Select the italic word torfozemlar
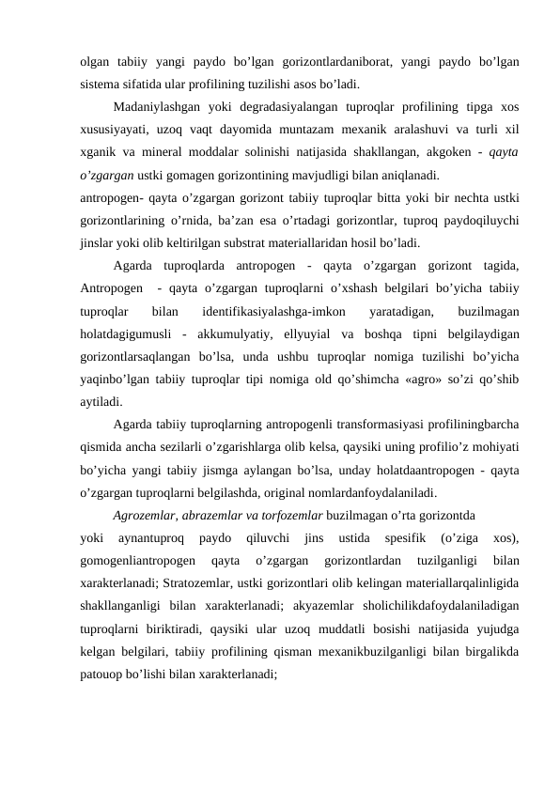(x=291, y=515)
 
